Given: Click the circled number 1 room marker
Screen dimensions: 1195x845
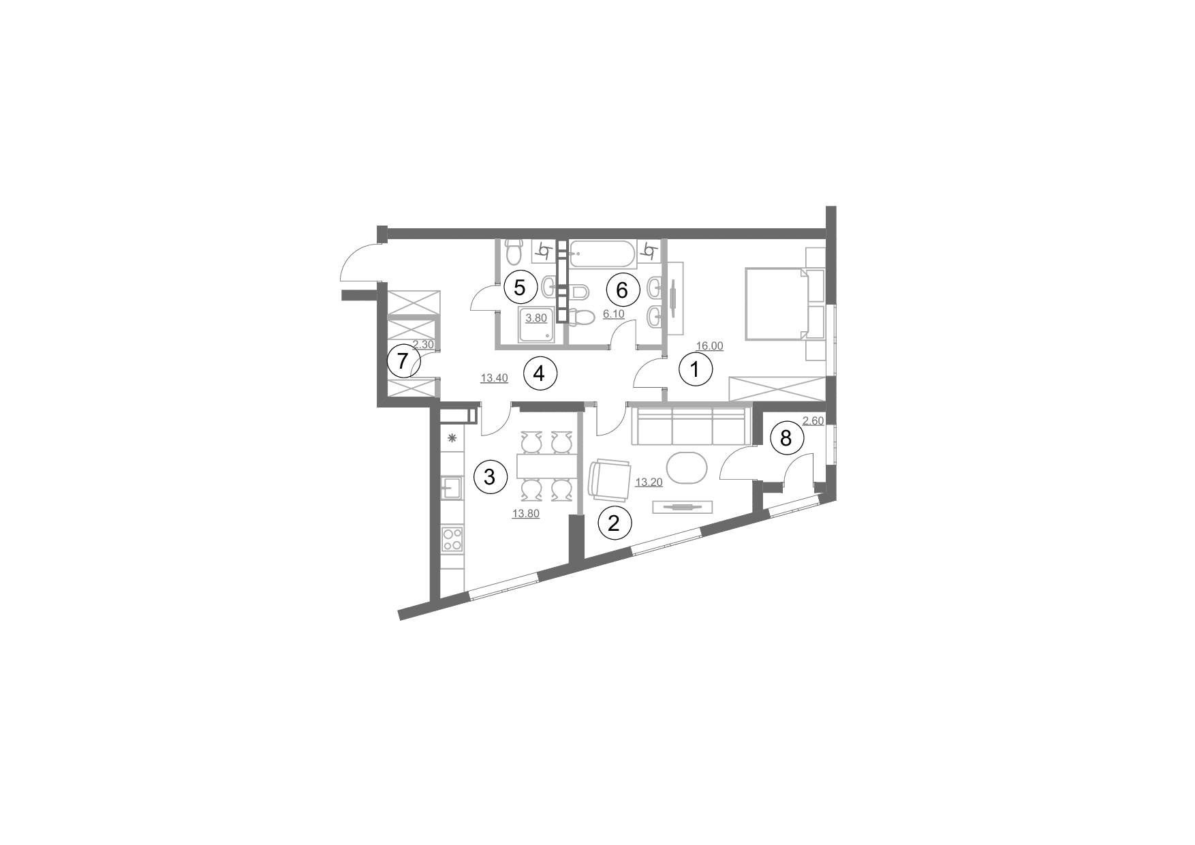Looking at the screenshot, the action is pyautogui.click(x=696, y=371).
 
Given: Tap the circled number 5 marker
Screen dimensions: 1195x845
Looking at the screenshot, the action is pyautogui.click(x=520, y=288).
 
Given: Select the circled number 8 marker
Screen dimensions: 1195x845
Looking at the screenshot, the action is pyautogui.click(x=786, y=438).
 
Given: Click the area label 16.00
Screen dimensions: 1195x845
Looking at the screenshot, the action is pyautogui.click(x=709, y=346).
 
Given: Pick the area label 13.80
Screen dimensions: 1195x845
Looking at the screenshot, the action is pyautogui.click(x=525, y=514).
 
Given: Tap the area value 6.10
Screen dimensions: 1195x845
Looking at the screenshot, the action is pyautogui.click(x=614, y=314).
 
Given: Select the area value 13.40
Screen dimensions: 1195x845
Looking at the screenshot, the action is pyautogui.click(x=495, y=379).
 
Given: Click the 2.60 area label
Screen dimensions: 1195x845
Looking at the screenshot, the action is pyautogui.click(x=813, y=421).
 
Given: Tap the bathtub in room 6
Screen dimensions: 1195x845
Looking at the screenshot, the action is pyautogui.click(x=602, y=253).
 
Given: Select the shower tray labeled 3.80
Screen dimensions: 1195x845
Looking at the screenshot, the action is pyautogui.click(x=537, y=324).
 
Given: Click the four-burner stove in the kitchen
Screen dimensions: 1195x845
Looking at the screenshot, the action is pyautogui.click(x=452, y=540).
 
